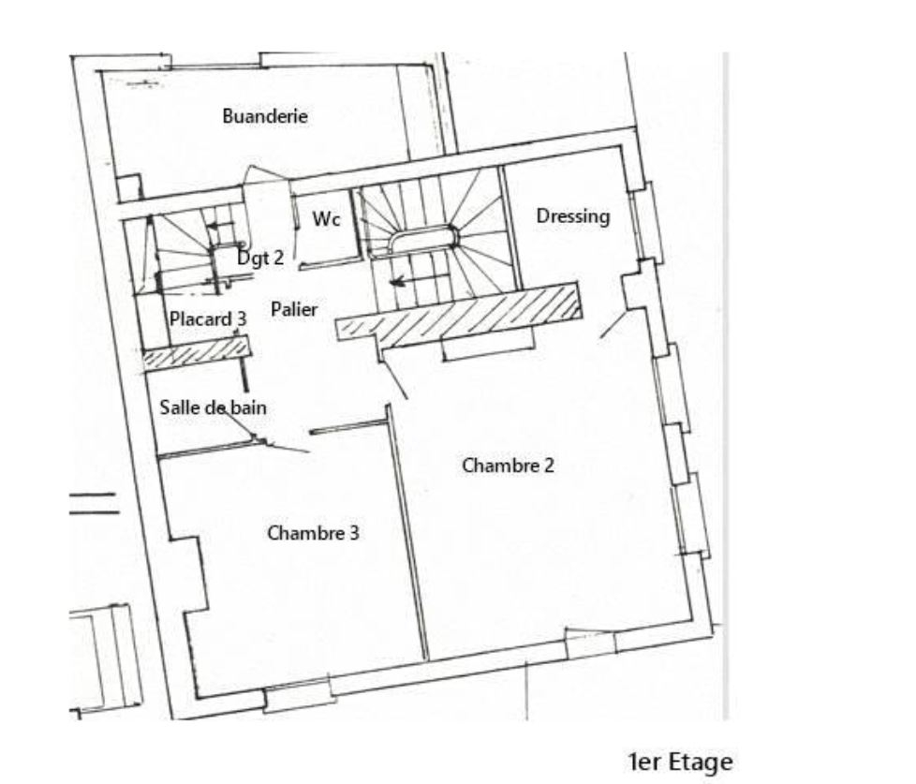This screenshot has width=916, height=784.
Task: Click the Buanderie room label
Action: [x=265, y=115]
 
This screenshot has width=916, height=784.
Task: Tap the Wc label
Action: [x=326, y=219]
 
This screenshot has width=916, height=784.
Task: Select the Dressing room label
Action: [x=572, y=216]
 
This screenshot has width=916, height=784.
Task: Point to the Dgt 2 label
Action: [x=260, y=257]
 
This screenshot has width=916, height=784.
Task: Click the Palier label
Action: [x=294, y=309]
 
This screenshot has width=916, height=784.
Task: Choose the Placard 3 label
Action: [x=208, y=319]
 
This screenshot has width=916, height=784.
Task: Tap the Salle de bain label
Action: [x=214, y=407]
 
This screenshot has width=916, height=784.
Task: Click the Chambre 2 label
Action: [x=508, y=466]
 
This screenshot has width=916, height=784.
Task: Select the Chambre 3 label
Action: [x=313, y=533]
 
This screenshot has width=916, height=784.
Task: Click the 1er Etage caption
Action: [x=680, y=762]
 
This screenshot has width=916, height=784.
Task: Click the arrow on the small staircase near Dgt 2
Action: [x=221, y=226]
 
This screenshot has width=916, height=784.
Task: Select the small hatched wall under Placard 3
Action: [x=198, y=352]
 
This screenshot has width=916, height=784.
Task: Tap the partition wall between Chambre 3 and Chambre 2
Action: [x=407, y=533]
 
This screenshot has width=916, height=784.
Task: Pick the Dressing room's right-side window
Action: [x=646, y=223]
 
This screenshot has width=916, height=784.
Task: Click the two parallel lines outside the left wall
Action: [x=94, y=504]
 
